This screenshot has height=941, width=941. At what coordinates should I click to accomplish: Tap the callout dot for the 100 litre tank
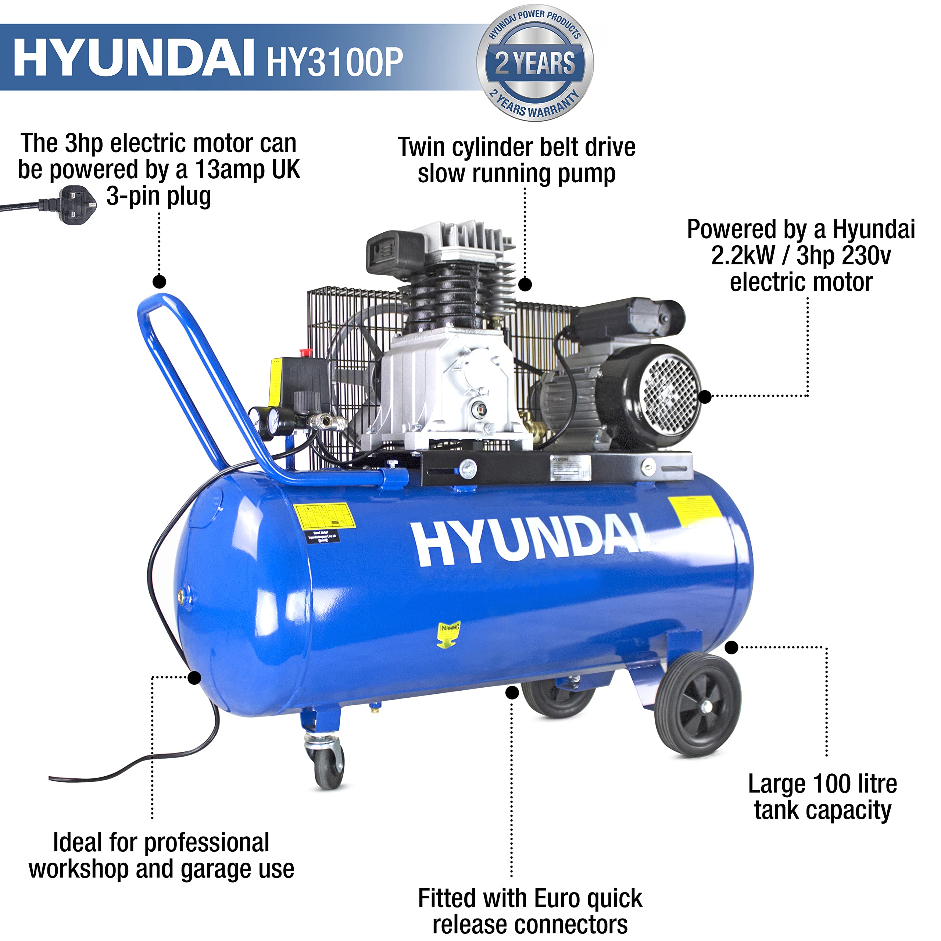coord(731,647)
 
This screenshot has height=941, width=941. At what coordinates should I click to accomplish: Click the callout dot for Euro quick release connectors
coord(512,693)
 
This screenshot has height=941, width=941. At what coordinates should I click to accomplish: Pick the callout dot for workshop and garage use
coord(194,677)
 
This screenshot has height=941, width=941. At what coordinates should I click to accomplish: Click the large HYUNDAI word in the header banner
coord(134,58)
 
